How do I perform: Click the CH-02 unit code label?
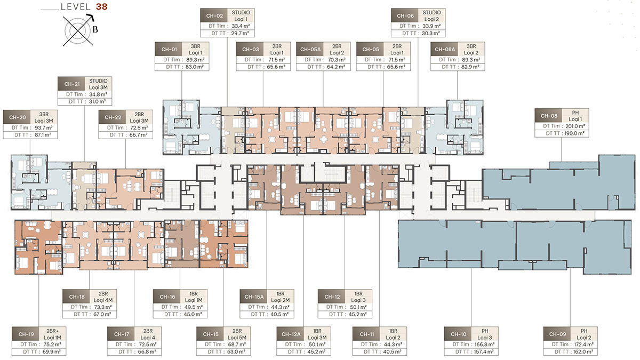point(214,15)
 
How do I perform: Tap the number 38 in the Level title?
point(101,7)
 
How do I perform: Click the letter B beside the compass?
point(95,29)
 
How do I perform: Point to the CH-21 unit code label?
point(72,84)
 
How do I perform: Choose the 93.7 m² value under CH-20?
point(44,127)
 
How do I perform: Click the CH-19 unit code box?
point(26,334)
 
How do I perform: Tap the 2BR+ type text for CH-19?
point(53,331)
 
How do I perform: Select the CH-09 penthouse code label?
point(557,334)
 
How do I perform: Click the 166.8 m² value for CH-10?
point(485,345)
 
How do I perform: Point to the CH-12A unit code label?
point(291,334)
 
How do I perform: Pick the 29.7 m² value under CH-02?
point(240,34)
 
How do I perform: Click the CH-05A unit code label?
point(310,50)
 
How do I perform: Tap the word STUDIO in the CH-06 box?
point(431,13)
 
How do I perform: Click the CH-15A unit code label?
point(254,297)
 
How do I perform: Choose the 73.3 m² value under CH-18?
point(103,307)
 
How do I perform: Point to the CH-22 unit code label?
point(113,117)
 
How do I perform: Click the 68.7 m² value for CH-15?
point(237,345)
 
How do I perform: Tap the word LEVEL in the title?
point(76,7)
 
